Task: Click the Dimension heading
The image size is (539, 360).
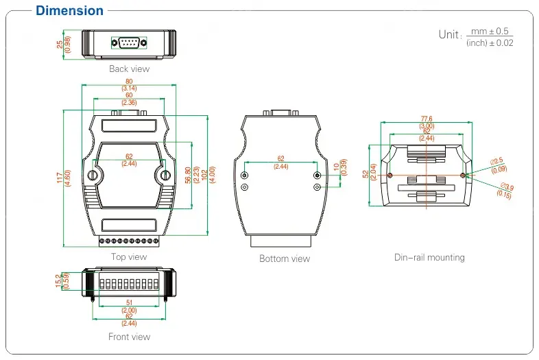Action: point(69,10)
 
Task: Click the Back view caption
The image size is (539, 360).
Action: point(129,69)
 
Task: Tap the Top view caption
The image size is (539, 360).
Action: point(129,257)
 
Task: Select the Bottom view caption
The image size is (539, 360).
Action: point(284,259)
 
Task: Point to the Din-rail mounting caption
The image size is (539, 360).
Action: point(429,257)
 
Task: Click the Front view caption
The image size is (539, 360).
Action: point(129,337)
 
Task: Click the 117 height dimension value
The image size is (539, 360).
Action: point(59,178)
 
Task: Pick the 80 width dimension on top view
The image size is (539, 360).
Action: point(129,82)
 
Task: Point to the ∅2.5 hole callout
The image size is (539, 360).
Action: point(497,161)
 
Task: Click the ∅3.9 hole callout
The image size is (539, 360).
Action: point(506,187)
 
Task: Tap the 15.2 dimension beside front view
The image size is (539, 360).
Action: point(57,280)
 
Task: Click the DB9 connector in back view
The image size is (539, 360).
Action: point(128,43)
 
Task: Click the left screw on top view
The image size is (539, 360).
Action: point(93,176)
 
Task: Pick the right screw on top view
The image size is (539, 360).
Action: point(165,176)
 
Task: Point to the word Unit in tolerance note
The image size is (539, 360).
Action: point(449,34)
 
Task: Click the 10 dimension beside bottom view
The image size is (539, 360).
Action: point(335,166)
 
